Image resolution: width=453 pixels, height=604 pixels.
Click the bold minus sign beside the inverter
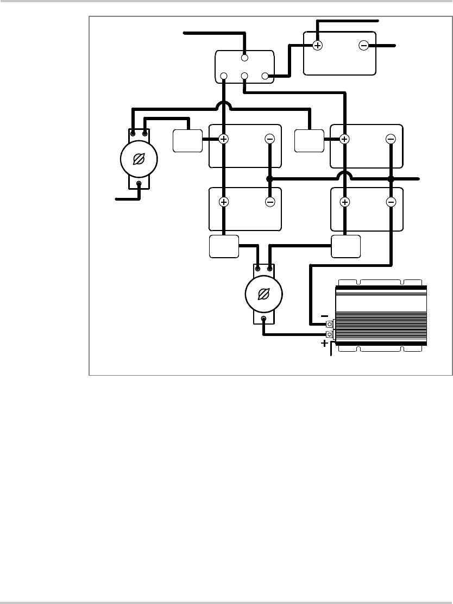click(x=324, y=315)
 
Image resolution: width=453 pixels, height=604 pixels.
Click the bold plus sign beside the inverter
click(x=324, y=344)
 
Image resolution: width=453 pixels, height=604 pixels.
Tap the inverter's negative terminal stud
click(x=329, y=325)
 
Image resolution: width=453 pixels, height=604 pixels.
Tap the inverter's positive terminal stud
click(x=329, y=334)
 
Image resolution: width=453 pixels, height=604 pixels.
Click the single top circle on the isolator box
click(x=244, y=57)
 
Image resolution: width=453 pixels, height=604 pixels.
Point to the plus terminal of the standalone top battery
click(x=318, y=46)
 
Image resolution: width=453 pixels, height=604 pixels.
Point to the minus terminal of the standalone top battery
click(x=363, y=46)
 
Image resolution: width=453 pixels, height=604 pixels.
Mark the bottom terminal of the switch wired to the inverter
click(x=264, y=319)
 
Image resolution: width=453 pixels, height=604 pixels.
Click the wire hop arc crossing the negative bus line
click(x=344, y=175)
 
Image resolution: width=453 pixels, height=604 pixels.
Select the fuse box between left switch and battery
click(x=187, y=141)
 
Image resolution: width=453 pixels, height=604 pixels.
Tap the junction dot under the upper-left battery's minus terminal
click(x=270, y=178)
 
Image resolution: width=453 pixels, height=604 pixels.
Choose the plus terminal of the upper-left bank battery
click(x=223, y=139)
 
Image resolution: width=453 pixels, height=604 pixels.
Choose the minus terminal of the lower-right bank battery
click(x=391, y=202)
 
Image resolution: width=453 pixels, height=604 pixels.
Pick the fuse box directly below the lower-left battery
click(x=224, y=246)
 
